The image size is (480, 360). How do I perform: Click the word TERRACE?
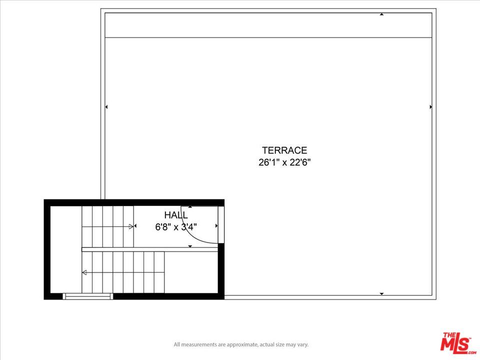284,150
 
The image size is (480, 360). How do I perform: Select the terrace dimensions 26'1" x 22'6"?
284,162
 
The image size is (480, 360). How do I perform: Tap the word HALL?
175,215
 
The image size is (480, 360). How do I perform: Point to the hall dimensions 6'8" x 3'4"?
175,227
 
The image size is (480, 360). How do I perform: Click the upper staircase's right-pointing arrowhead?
131,226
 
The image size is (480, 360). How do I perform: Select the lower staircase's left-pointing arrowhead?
84,272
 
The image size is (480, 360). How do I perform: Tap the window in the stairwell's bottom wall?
88,296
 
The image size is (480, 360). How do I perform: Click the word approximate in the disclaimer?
242,344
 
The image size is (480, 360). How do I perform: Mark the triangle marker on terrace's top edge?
381,14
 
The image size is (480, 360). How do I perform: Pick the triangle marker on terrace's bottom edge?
381,294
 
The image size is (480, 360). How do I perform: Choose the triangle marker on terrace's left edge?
106,107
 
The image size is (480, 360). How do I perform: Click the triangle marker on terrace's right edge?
431,107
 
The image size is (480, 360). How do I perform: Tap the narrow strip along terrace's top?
268,25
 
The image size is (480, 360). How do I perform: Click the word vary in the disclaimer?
302,344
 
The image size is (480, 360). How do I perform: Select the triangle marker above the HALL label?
190,207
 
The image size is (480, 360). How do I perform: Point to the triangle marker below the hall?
190,246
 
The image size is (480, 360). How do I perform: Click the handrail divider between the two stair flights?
150,249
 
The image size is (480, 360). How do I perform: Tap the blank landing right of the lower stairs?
191,272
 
